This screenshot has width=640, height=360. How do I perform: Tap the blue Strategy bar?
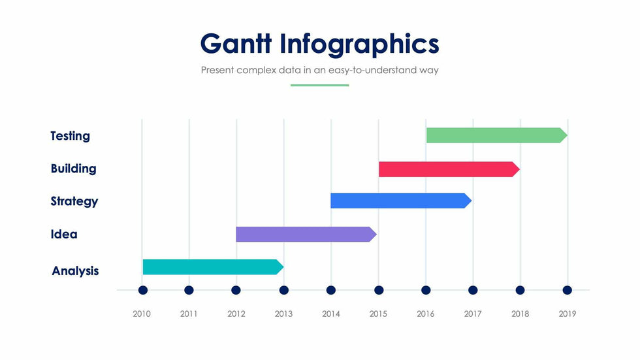(400, 201)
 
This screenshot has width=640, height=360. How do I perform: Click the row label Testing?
(70, 136)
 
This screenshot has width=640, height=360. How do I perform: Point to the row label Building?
(73, 169)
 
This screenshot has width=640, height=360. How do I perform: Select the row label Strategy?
(74, 201)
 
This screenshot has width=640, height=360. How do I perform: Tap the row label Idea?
(63, 234)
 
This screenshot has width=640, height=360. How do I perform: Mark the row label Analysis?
(75, 270)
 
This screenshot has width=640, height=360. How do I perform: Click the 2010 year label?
(142, 314)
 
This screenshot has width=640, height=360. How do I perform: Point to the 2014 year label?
(331, 314)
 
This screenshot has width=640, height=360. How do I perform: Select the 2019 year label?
(568, 314)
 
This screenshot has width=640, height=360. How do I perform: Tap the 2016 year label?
(426, 314)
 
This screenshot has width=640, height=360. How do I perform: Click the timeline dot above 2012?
(236, 290)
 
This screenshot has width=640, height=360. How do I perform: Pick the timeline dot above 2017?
(473, 290)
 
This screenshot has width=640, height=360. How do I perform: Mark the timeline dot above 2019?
(568, 290)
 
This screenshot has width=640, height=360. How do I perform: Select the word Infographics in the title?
(360, 44)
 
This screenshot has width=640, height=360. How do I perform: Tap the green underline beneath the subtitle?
(319, 85)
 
